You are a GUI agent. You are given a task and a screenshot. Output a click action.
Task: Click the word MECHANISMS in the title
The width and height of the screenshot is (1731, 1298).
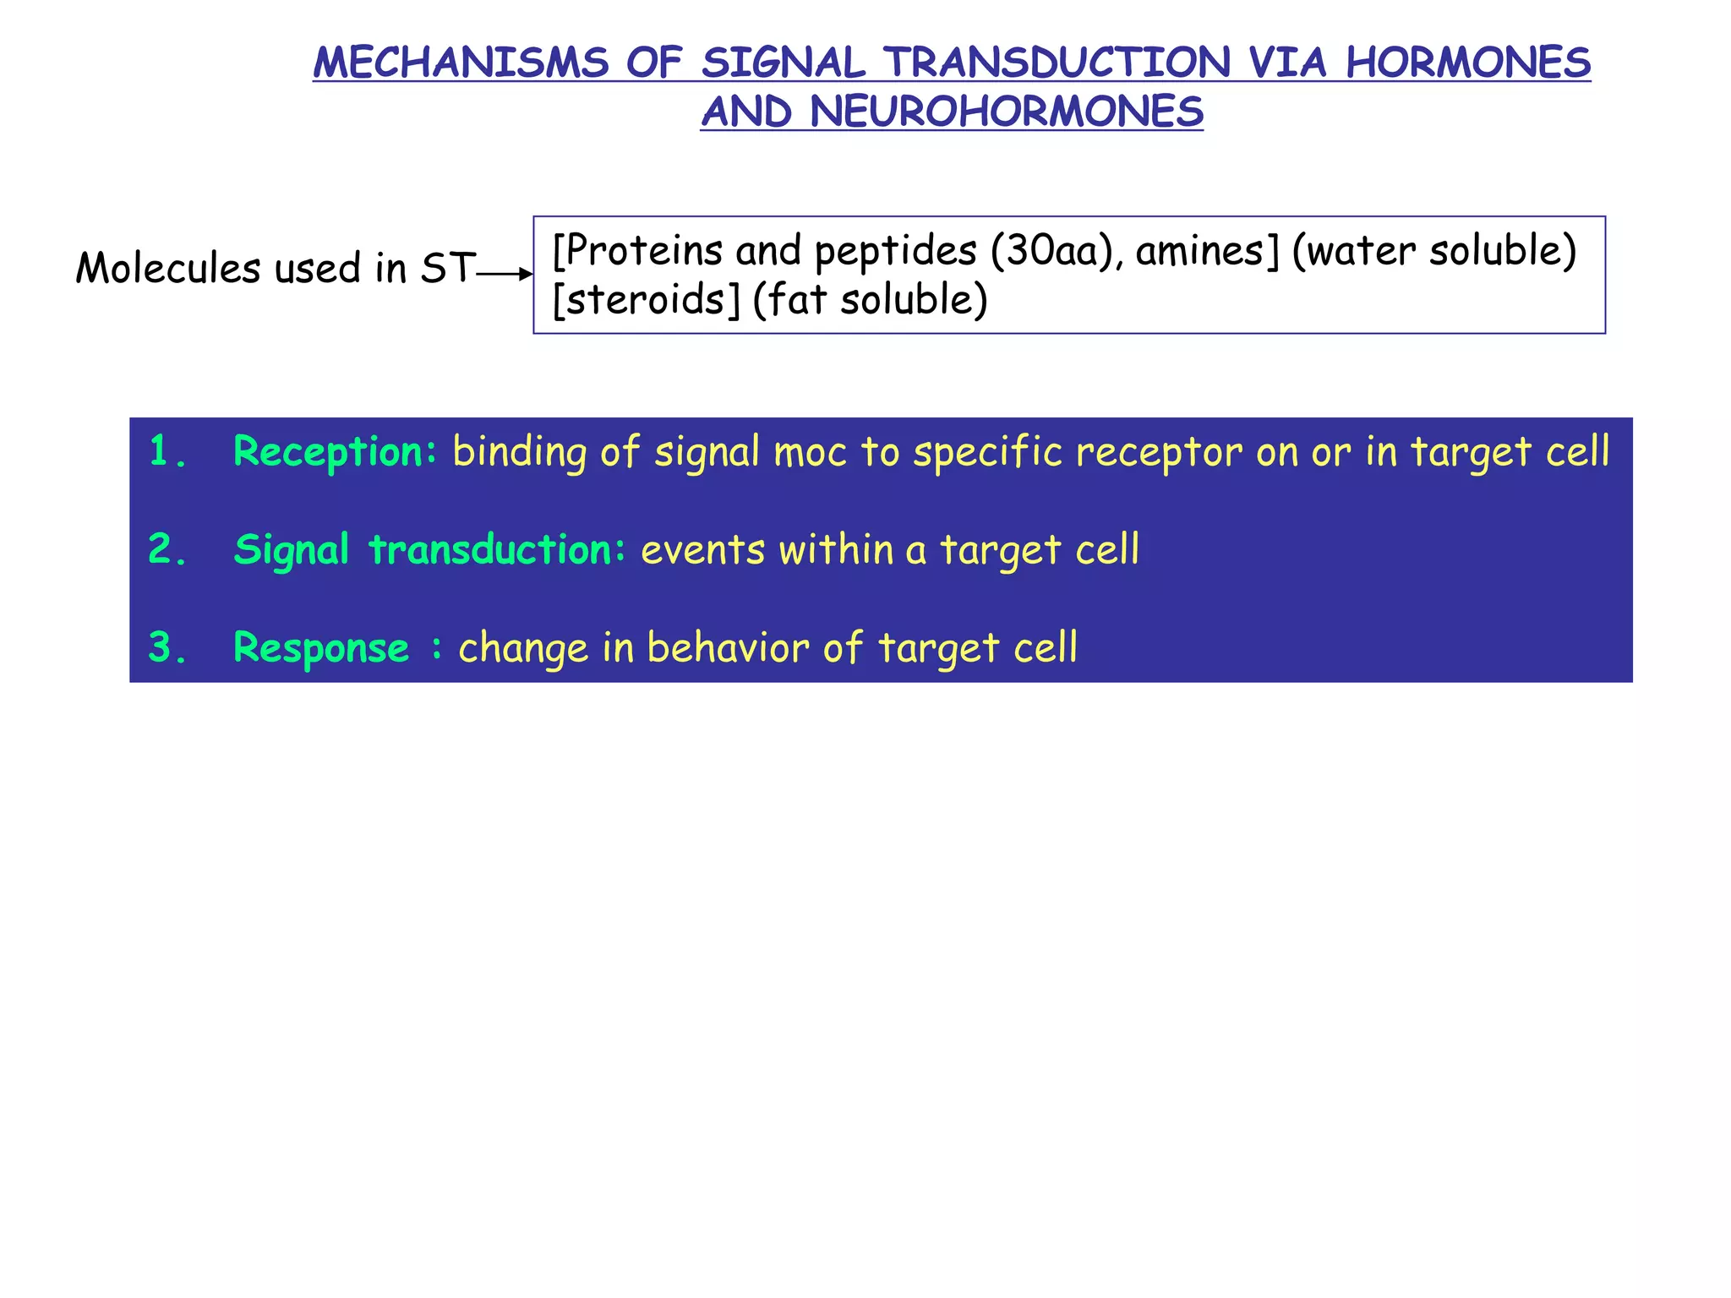point(461,63)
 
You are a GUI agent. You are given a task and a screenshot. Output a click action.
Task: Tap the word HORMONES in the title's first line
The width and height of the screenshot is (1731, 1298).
point(1468,63)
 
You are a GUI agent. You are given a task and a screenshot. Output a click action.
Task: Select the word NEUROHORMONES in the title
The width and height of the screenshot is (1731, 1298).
point(1007,112)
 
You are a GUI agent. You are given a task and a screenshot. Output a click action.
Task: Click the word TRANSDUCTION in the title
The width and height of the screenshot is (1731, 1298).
point(1057,63)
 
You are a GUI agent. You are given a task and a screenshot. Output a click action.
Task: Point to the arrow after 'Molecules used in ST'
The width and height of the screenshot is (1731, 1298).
point(505,274)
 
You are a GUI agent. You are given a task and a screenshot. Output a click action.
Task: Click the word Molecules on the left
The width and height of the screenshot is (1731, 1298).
point(168,269)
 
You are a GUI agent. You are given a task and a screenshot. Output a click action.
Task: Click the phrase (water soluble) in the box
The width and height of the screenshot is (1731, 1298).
point(1434,251)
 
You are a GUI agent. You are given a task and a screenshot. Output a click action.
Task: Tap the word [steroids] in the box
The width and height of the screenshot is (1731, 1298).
point(646,300)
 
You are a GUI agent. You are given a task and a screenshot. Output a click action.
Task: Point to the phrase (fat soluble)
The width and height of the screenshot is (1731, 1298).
point(870,300)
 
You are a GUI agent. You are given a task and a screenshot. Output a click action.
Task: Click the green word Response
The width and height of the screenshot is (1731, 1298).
point(321,648)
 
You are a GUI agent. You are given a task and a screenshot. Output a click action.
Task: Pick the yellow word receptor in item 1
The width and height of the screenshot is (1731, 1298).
point(1159,451)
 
